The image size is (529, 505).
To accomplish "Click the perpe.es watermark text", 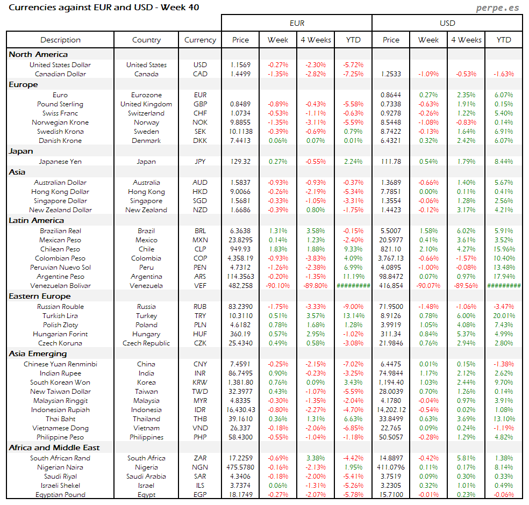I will pyautogui.click(x=498, y=8).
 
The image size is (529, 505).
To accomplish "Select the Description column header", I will pyautogui.click(x=60, y=40).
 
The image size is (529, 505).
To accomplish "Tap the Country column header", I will pyautogui.click(x=146, y=40).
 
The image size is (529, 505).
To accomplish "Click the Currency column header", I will pyautogui.click(x=200, y=40).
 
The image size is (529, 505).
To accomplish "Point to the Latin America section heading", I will pyautogui.click(x=36, y=220).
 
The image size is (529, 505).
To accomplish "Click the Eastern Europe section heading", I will pyautogui.click(x=39, y=296).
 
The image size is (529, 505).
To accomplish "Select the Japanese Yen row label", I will pyautogui.click(x=60, y=161).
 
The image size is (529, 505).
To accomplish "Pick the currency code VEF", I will pyautogui.click(x=200, y=286).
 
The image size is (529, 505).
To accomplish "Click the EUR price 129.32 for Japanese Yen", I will pyautogui.click(x=240, y=161).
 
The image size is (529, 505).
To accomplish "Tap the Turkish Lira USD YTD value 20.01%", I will pyautogui.click(x=504, y=316).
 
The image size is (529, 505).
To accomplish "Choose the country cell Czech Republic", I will pyautogui.click(x=146, y=343).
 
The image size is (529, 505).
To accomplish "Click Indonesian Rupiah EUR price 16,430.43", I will pyautogui.click(x=240, y=410).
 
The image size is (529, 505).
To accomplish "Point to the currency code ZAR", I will pyautogui.click(x=200, y=458).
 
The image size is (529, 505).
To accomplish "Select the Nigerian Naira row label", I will pyautogui.click(x=60, y=467).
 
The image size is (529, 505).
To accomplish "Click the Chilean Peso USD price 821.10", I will pyautogui.click(x=391, y=249).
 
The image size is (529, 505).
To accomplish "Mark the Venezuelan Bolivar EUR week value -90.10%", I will pyautogui.click(x=278, y=286).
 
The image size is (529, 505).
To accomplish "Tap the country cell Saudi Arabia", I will pyautogui.click(x=146, y=477).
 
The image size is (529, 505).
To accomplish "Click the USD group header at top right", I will pyautogui.click(x=447, y=23).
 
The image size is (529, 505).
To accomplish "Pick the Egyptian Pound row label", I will pyautogui.click(x=60, y=495).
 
